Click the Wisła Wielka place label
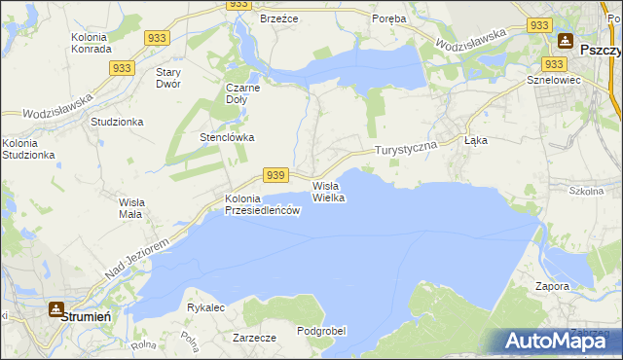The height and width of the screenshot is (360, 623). point(329,192)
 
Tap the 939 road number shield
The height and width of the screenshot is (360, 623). point(275,175)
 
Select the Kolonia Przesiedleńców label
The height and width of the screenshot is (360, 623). point(262,205)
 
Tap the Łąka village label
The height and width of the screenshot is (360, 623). point(476,140)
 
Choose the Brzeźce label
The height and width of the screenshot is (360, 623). point(278,18)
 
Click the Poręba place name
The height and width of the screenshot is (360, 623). point(389,18)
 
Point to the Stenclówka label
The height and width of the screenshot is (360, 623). point(227,137)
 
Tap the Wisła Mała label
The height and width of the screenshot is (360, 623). point(131,208)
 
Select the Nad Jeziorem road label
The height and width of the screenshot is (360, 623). point(138,260)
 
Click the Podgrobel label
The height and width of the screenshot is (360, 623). point(321,331)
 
